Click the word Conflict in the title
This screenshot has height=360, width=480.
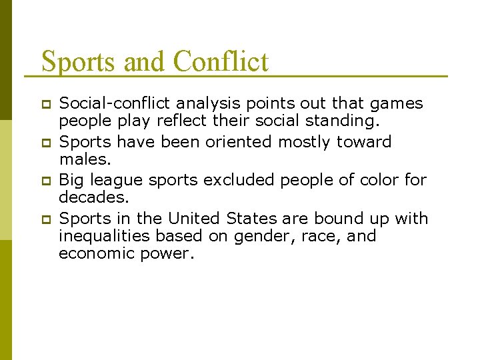click(221, 62)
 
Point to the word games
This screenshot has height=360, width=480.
click(397, 104)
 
